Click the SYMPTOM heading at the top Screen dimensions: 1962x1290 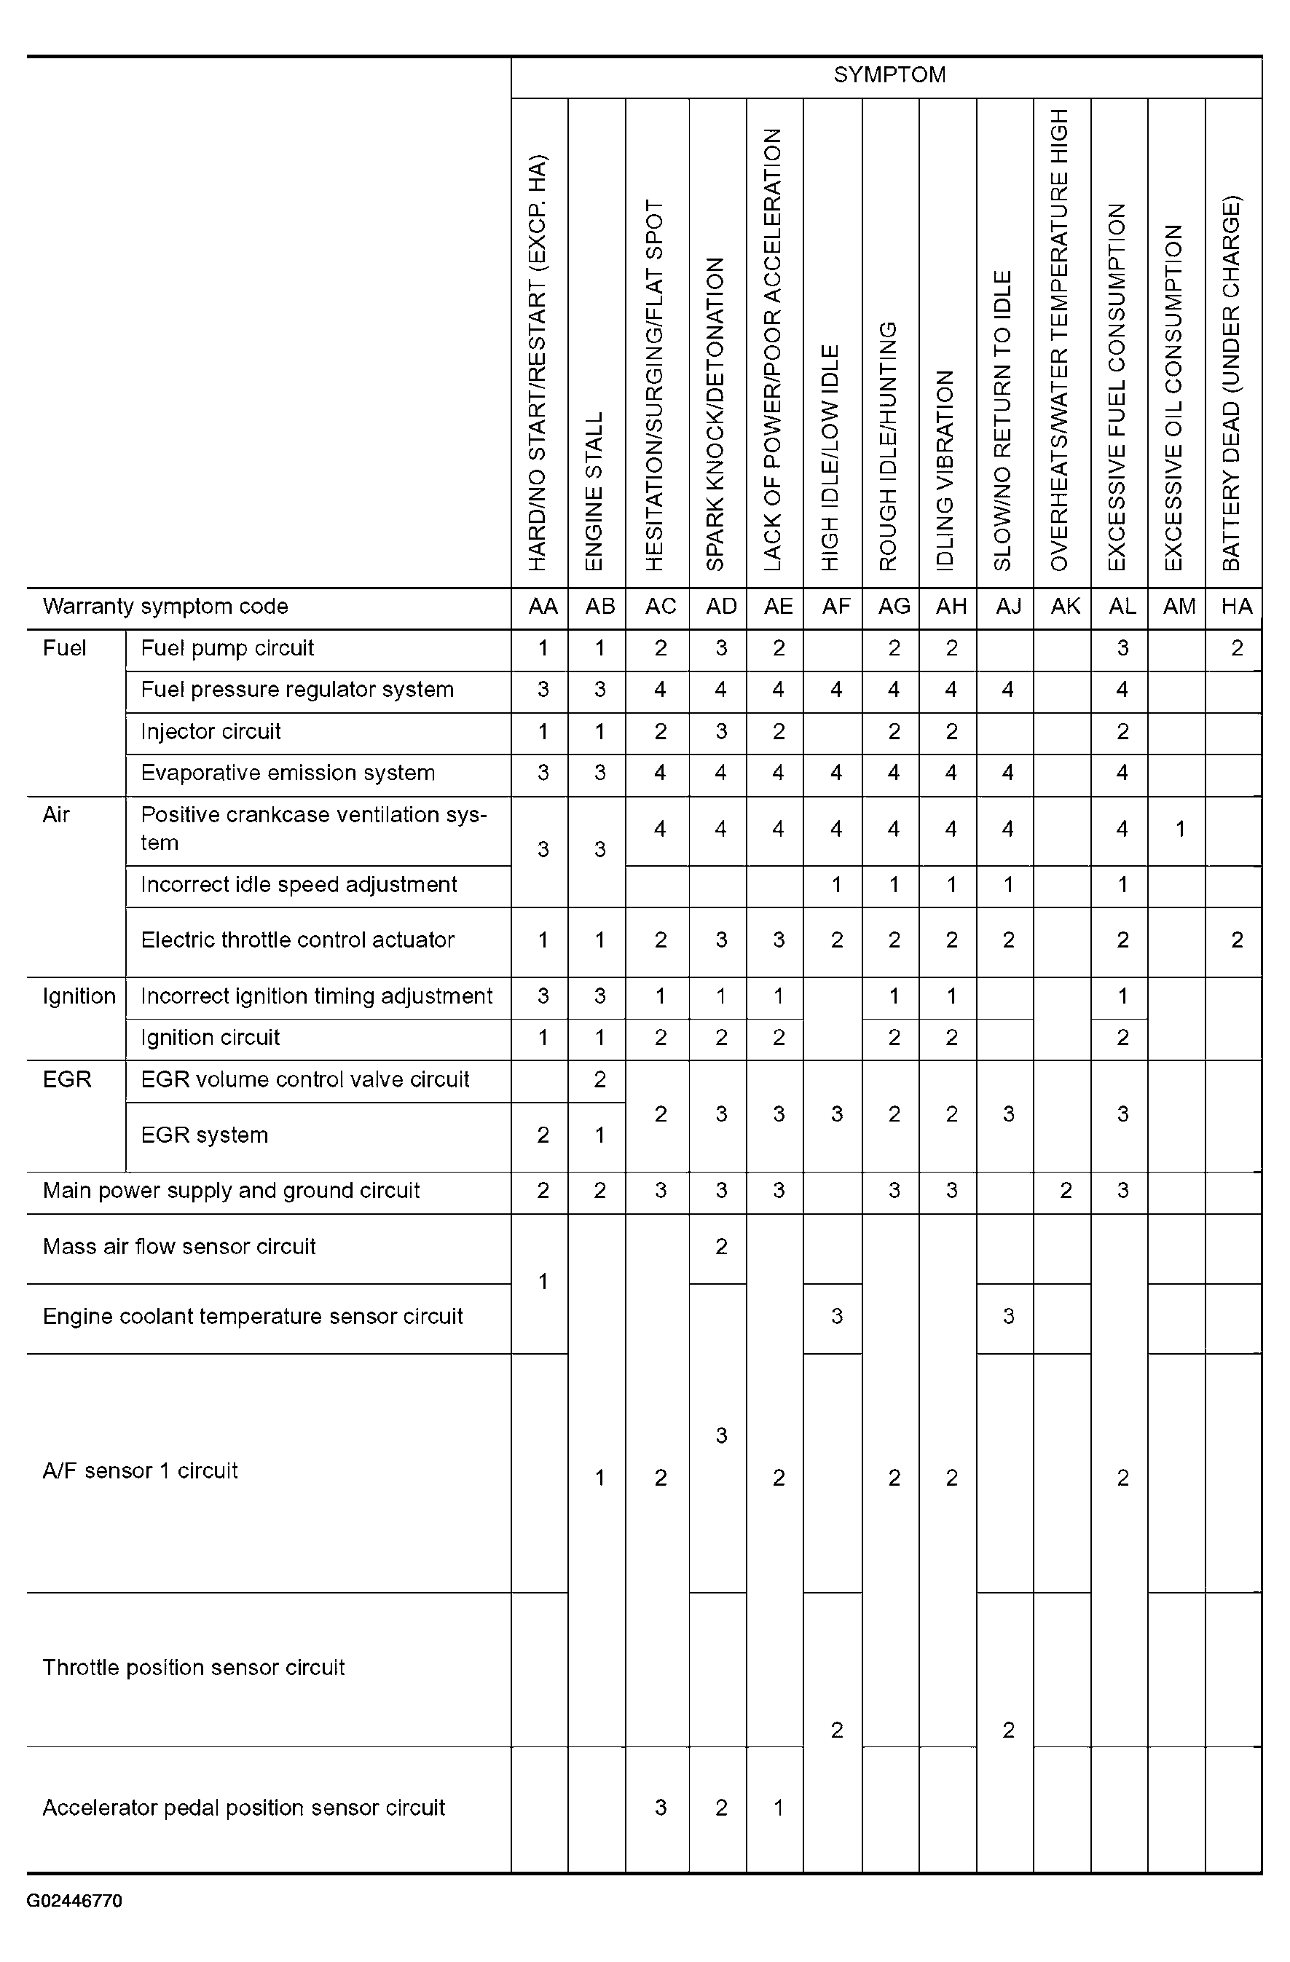(889, 75)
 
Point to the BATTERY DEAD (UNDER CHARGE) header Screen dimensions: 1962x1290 (1232, 383)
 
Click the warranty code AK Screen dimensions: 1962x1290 (1065, 607)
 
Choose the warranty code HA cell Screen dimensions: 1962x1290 (1235, 607)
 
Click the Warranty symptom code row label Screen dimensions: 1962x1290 (165, 607)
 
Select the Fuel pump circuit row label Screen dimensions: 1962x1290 (227, 648)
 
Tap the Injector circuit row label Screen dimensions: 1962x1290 (211, 731)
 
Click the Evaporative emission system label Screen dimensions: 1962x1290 (288, 773)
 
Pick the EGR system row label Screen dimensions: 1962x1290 (205, 1135)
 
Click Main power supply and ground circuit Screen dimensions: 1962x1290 (231, 1191)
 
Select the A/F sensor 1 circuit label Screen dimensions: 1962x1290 (140, 1470)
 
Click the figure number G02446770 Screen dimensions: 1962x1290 (74, 1901)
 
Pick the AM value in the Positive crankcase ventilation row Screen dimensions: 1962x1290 (1179, 829)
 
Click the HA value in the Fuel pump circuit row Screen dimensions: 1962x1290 (1236, 648)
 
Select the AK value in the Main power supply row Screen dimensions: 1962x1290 (1065, 1191)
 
